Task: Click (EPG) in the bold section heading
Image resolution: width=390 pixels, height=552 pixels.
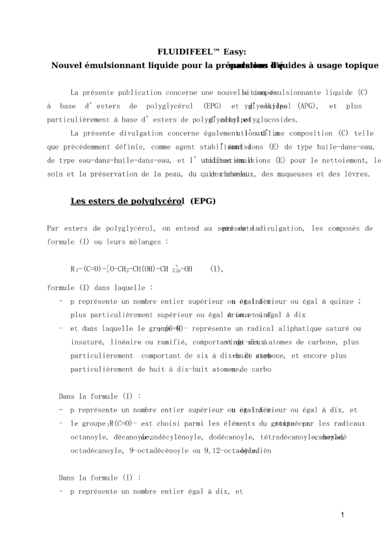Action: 203,201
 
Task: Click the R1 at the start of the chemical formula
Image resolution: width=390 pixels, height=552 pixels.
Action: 75,269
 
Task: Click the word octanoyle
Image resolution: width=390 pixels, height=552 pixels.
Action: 90,437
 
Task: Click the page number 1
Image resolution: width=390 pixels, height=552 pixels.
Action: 342,515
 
